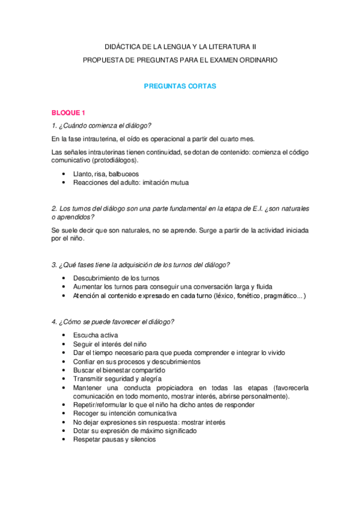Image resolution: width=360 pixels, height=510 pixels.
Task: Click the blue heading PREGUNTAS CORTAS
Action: click(x=180, y=86)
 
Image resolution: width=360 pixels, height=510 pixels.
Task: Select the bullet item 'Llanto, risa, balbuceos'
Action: click(x=106, y=174)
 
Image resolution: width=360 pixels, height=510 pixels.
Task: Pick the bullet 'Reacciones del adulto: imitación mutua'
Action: click(x=131, y=182)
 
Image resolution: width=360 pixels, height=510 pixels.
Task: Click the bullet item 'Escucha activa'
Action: click(x=96, y=335)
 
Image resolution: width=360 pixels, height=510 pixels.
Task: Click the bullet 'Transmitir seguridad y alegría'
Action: click(x=117, y=379)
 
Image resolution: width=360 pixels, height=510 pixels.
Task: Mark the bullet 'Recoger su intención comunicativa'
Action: click(x=125, y=414)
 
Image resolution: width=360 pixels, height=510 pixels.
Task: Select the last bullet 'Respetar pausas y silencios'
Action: click(x=114, y=440)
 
